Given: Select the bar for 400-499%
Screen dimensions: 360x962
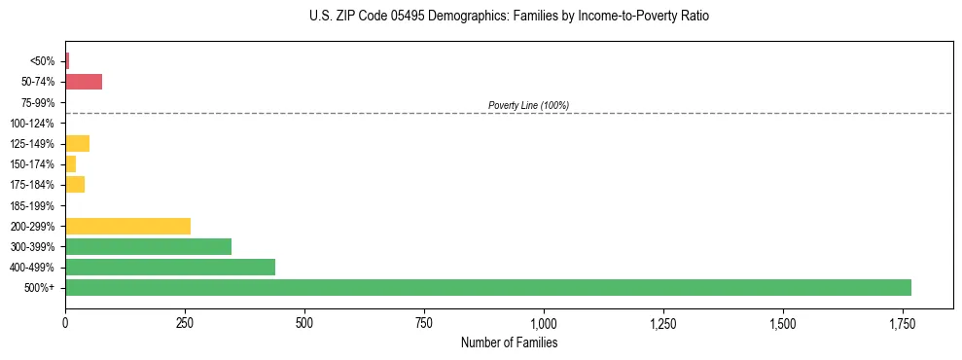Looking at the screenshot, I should pyautogui.click(x=170, y=268).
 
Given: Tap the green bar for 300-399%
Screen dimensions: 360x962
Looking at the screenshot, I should pyautogui.click(x=148, y=247).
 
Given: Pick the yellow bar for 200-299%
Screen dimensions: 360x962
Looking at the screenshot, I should pyautogui.click(x=127, y=227).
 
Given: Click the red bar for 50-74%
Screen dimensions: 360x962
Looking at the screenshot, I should pyautogui.click(x=84, y=82).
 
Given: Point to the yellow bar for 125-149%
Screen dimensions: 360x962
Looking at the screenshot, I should pyautogui.click(x=77, y=144).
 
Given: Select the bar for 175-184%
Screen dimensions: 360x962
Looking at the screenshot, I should pyautogui.click(x=75, y=185).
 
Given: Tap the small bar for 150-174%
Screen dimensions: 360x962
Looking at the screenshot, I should pyautogui.click(x=71, y=164).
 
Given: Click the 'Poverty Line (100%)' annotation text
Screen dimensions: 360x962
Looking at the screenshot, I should pyautogui.click(x=528, y=105).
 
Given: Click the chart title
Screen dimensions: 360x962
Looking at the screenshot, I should pyautogui.click(x=510, y=17).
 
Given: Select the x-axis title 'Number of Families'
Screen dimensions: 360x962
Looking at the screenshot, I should pyautogui.click(x=509, y=342).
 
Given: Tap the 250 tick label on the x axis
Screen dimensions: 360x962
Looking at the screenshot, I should pyautogui.click(x=185, y=323).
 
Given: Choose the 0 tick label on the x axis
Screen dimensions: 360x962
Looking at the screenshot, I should pyautogui.click(x=65, y=323).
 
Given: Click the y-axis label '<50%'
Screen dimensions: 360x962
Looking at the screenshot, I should pyautogui.click(x=43, y=61).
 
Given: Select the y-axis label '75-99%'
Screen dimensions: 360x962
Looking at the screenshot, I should pyautogui.click(x=38, y=103).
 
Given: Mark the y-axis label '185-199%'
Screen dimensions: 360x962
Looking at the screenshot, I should pyautogui.click(x=35, y=206).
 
